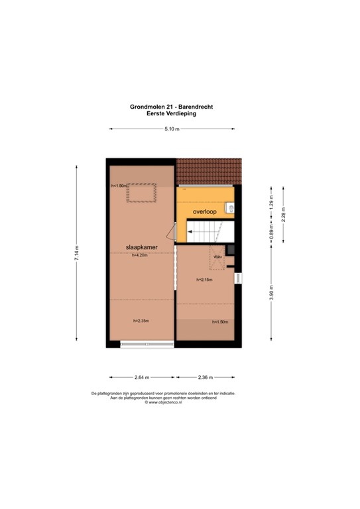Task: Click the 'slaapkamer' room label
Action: coord(141,248)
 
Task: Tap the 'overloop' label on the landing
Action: coord(205,211)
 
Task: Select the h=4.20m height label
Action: coord(141,254)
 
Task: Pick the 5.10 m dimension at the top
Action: coord(171,129)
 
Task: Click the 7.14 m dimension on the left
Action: coord(77,253)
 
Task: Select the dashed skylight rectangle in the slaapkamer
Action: coord(141,192)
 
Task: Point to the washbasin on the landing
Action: coord(231,208)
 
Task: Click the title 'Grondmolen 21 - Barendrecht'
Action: coord(171,107)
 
